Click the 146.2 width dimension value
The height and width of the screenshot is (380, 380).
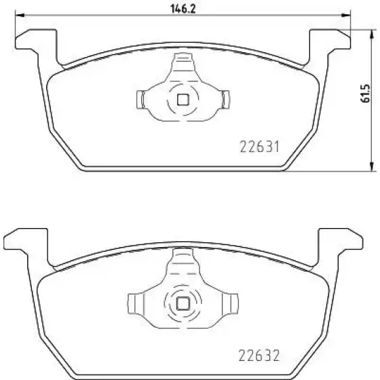pyautogui.click(x=183, y=9)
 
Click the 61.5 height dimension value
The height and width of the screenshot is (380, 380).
pyautogui.click(x=365, y=94)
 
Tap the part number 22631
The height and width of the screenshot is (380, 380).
pyautogui.click(x=259, y=147)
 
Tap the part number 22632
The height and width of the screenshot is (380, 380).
pyautogui.click(x=259, y=356)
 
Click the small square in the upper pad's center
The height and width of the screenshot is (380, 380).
pyautogui.click(x=183, y=100)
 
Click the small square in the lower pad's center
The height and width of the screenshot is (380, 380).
pyautogui.click(x=183, y=303)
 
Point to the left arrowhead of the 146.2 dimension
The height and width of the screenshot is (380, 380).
pyautogui.click(x=20, y=15)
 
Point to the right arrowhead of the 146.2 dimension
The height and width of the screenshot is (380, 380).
pyautogui.click(x=346, y=15)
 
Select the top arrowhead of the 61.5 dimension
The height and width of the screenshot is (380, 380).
pyautogui.click(x=371, y=34)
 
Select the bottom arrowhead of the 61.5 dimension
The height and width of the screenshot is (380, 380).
pyautogui.click(x=371, y=167)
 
